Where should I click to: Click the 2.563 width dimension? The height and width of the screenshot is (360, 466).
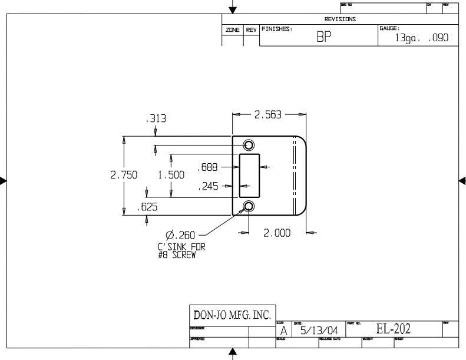coord(269,115)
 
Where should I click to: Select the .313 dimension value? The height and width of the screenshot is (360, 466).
coord(156,119)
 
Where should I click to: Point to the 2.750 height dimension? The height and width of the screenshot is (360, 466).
coord(124,174)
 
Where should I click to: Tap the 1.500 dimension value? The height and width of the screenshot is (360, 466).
coord(171,174)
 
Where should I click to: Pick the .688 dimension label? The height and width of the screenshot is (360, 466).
coord(208,167)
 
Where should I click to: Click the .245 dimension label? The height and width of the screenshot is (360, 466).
coord(208,187)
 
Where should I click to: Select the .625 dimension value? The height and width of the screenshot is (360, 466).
coord(147,207)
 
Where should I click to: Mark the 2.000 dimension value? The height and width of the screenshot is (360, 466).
coord(277,233)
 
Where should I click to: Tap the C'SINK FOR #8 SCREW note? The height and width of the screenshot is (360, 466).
coord(181,251)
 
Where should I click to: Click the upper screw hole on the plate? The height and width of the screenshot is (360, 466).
coord(249,145)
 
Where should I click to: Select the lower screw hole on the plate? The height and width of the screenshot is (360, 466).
coord(249,206)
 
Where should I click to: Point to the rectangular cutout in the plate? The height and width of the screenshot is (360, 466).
coord(249,176)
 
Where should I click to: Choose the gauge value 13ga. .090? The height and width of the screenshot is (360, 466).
coord(422,38)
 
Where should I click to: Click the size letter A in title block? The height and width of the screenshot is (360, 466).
coord(283,331)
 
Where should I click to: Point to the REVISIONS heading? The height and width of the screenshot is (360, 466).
coord(340,19)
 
